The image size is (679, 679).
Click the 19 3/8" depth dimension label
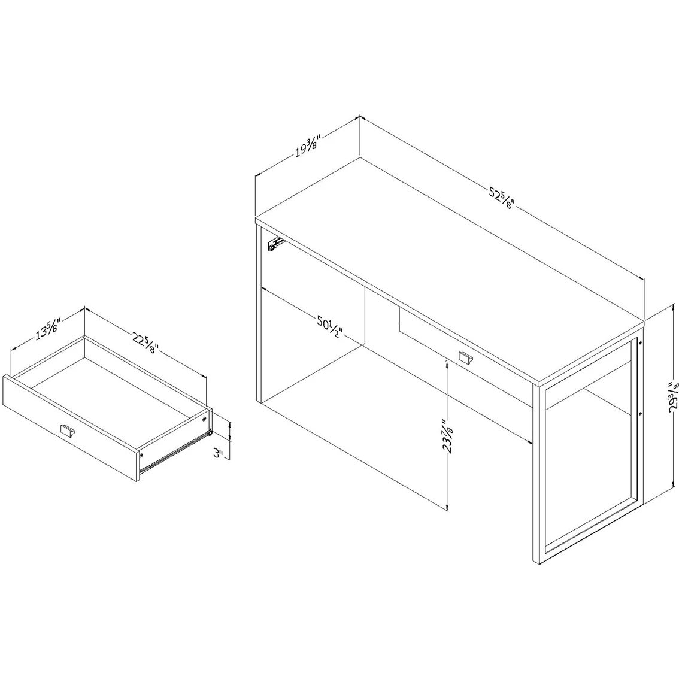point(307,146)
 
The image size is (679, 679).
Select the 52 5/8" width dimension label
point(502,198)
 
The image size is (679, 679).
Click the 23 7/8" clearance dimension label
point(447,436)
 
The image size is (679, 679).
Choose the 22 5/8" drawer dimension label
point(146,342)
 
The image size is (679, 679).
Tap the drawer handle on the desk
point(465,357)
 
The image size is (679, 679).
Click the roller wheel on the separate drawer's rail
point(210,432)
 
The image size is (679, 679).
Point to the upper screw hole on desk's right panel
point(640,343)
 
